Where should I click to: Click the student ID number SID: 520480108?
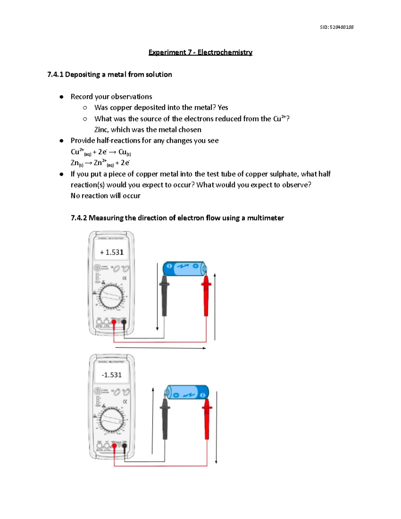pyautogui.click(x=337, y=27)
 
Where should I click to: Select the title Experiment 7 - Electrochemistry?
pyautogui.click(x=200, y=52)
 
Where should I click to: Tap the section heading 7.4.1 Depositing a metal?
pyautogui.click(x=110, y=75)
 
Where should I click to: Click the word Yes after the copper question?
pyautogui.click(x=223, y=108)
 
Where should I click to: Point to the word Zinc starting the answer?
pyautogui.click(x=101, y=130)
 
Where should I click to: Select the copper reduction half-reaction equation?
pyautogui.click(x=101, y=152)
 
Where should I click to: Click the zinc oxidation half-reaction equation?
pyautogui.click(x=100, y=163)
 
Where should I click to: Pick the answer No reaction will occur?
pyautogui.click(x=105, y=196)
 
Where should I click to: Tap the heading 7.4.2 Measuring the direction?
pyautogui.click(x=177, y=218)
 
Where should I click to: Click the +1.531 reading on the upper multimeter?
pyautogui.click(x=112, y=252)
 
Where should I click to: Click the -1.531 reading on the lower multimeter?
pyautogui.click(x=112, y=375)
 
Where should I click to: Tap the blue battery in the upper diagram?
pyautogui.click(x=184, y=268)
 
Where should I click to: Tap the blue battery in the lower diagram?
pyautogui.click(x=187, y=392)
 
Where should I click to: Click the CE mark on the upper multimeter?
pyautogui.click(x=124, y=278)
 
